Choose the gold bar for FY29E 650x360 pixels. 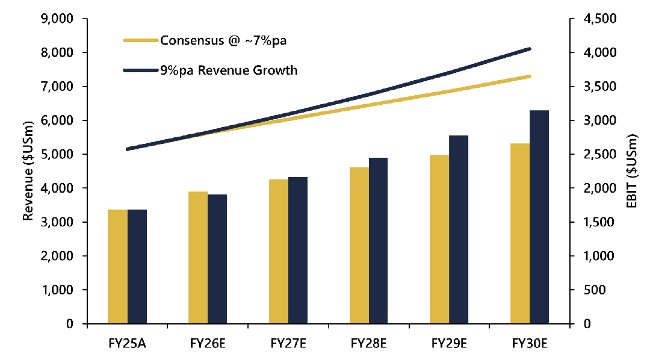[x=439, y=239]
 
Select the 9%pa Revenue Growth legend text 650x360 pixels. [x=229, y=70]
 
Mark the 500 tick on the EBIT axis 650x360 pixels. [x=588, y=290]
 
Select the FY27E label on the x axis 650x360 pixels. [x=288, y=344]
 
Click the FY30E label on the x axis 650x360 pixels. [x=530, y=344]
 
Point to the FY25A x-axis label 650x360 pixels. [x=127, y=344]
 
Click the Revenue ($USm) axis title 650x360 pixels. [x=28, y=172]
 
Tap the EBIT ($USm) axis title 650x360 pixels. [x=631, y=172]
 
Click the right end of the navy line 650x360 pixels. [x=530, y=49]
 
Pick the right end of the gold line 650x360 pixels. [x=530, y=76]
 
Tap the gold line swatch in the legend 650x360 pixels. [x=140, y=41]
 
